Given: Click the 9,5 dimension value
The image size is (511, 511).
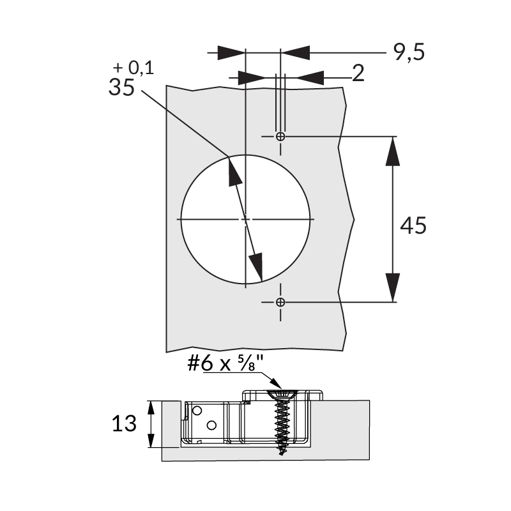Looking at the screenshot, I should coord(409,52).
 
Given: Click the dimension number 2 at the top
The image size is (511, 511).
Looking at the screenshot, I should coord(358,74).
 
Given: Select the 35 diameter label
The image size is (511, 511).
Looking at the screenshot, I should coord(121,88).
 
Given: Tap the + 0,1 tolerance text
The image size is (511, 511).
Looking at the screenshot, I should coord(133,68).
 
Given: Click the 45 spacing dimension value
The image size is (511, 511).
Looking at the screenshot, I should coord(413,225).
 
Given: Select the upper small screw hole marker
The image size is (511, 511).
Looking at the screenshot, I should coord(280,137).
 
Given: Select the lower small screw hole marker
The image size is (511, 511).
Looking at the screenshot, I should coord(280,301).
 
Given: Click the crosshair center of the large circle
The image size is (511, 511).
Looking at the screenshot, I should coord(245,219).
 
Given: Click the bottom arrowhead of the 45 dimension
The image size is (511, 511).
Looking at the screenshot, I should coord(392,287).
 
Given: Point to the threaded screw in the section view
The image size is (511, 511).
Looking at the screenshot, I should coord(281,422).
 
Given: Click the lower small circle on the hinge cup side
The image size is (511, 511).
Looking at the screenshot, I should coord(211,424).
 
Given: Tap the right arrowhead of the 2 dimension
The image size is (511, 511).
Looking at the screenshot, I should coord(310,77).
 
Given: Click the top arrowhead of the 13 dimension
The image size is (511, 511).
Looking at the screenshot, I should coord(151,409).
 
